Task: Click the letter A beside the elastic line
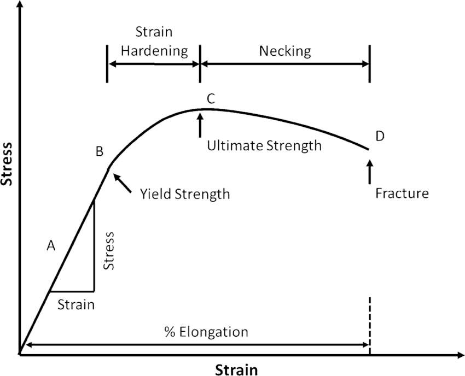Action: (51, 246)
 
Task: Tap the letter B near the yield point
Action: (100, 152)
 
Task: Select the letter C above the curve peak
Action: (211, 99)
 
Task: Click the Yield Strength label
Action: (185, 194)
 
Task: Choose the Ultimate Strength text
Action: (264, 146)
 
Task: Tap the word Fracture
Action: (402, 193)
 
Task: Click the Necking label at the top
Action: (284, 51)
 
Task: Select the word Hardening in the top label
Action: (154, 51)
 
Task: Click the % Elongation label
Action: (207, 332)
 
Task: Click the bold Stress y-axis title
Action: (8, 164)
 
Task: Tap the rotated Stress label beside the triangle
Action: (109, 250)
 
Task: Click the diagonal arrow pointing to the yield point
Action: (123, 183)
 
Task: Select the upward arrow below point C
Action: (200, 124)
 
